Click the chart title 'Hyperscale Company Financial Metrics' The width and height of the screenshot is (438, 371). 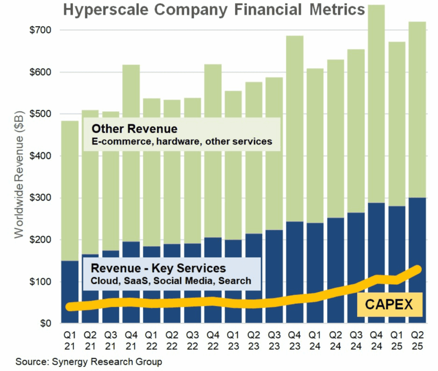click(214, 9)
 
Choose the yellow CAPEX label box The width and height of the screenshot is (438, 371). click(389, 304)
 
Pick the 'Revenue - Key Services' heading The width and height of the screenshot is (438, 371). click(158, 268)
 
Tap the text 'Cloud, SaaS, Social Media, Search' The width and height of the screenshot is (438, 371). click(170, 281)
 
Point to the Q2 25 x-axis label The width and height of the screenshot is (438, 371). click(417, 338)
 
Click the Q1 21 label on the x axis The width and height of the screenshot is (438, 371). click(70, 338)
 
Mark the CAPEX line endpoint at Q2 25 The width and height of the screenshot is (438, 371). click(417, 269)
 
